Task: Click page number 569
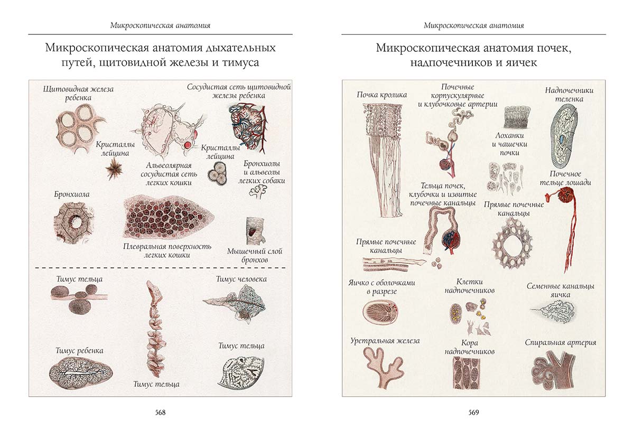click(x=473, y=413)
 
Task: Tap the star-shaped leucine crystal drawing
click(x=113, y=169)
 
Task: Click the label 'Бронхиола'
click(x=71, y=194)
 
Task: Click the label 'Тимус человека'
click(x=241, y=279)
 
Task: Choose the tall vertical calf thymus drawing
click(x=155, y=328)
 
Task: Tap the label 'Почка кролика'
click(x=381, y=95)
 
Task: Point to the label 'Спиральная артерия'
click(x=561, y=342)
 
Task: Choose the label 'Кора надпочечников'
click(x=470, y=347)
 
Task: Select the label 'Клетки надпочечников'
click(x=470, y=286)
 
